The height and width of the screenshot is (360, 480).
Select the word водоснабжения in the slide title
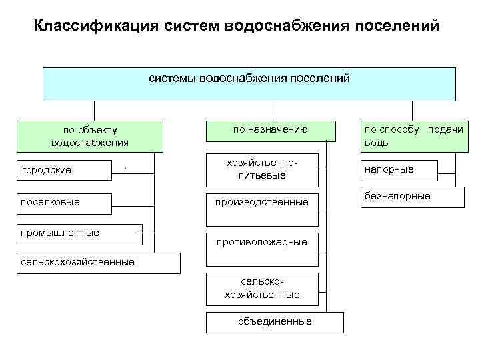(x=292, y=26)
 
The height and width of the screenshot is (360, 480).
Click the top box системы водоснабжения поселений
(x=249, y=83)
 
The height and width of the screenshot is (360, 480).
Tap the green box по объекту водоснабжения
(x=90, y=136)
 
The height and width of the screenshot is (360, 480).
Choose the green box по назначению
(x=270, y=131)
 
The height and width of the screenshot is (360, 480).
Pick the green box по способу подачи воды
(x=411, y=136)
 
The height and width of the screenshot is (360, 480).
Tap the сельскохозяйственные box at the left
(x=90, y=263)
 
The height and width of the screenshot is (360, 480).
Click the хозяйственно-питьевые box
(x=262, y=169)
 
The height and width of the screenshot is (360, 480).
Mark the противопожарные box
(x=262, y=243)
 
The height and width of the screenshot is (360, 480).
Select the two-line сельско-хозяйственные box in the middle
(x=262, y=289)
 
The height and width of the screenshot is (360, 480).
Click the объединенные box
(x=275, y=322)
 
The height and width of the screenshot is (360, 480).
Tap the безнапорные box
(x=411, y=197)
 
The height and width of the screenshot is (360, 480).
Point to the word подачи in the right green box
(x=445, y=130)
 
